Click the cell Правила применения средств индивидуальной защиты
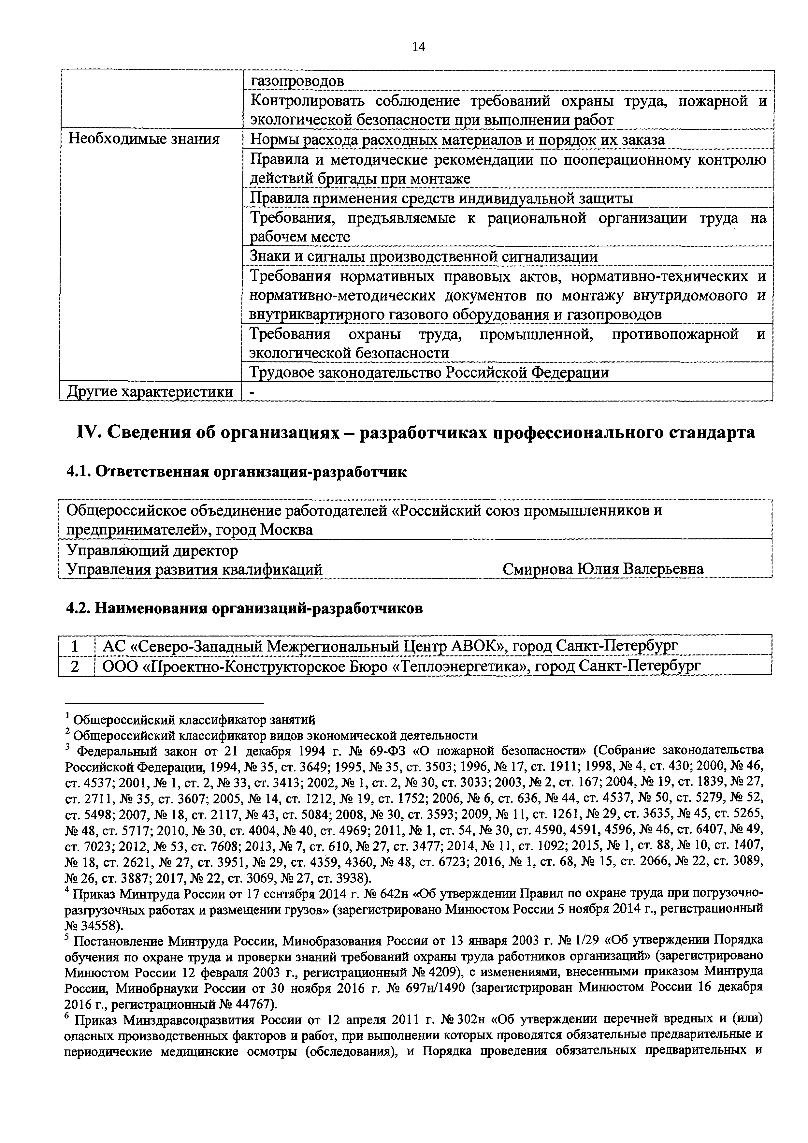(x=441, y=198)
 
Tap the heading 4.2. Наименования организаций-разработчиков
(x=244, y=608)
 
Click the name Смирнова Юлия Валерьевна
(x=603, y=568)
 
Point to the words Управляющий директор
(x=152, y=550)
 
